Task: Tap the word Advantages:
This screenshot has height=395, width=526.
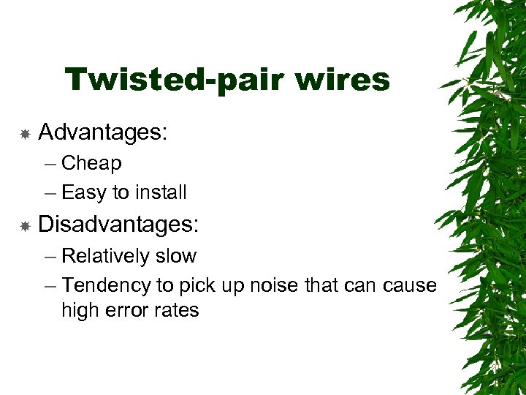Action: (103, 132)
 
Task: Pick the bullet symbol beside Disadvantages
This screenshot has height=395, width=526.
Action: (24, 226)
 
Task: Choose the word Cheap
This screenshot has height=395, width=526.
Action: (91, 163)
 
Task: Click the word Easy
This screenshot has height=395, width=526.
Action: (84, 193)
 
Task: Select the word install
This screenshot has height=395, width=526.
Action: (159, 192)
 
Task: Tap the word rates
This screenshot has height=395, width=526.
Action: (176, 310)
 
